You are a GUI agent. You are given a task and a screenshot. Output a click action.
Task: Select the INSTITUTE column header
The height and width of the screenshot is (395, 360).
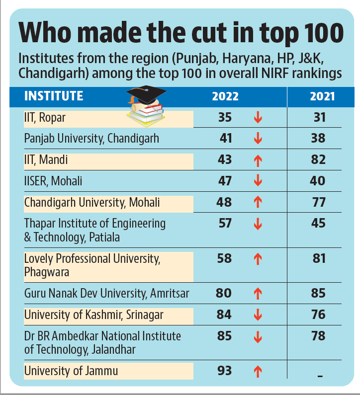click(54, 96)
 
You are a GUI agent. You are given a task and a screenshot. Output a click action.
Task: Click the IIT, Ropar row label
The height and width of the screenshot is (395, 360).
click(45, 117)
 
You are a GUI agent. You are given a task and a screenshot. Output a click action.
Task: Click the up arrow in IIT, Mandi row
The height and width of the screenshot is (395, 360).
click(258, 160)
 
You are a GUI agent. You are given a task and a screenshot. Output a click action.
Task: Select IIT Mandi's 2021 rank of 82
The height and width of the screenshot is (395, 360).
click(318, 159)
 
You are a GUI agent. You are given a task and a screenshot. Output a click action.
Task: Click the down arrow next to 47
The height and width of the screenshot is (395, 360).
click(258, 181)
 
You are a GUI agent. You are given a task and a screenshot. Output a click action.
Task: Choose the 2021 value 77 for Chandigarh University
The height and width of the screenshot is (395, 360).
click(318, 202)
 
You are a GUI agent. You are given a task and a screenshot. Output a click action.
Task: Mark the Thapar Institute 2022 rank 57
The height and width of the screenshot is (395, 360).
click(226, 223)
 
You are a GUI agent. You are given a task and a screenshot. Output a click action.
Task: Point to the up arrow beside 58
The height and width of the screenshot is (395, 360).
click(258, 259)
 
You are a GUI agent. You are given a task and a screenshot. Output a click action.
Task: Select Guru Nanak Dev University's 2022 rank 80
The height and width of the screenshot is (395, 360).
click(224, 293)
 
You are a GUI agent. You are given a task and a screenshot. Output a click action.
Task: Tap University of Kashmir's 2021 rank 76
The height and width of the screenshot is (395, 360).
click(318, 315)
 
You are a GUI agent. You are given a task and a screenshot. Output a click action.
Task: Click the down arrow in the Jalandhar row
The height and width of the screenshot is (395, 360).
click(258, 337)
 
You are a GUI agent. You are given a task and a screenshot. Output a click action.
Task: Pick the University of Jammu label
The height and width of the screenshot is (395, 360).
click(71, 370)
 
